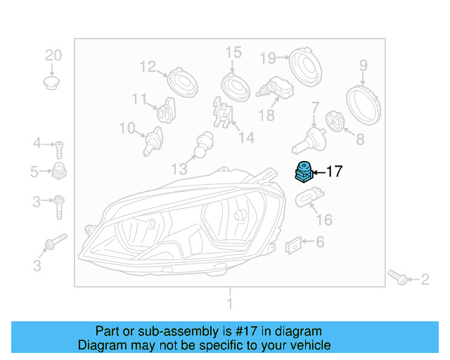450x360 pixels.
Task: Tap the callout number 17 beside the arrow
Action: coord(334,172)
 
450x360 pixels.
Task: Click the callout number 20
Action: coord(53,56)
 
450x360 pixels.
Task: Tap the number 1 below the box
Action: coord(229,304)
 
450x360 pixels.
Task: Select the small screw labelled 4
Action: coord(60,148)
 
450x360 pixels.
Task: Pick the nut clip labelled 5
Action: coord(60,171)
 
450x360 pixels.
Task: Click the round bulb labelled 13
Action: coord(203,144)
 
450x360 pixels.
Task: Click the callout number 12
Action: coord(148,67)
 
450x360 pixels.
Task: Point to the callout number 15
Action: coord(233,52)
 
